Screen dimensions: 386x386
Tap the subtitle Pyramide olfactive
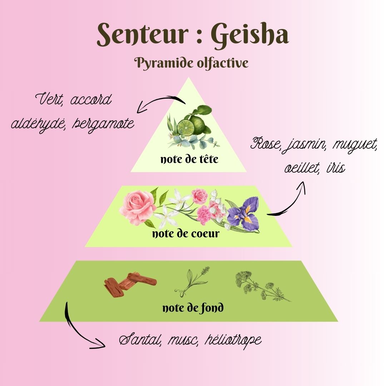191,63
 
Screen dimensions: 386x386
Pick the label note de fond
193,307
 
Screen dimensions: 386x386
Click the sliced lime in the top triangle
186,126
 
